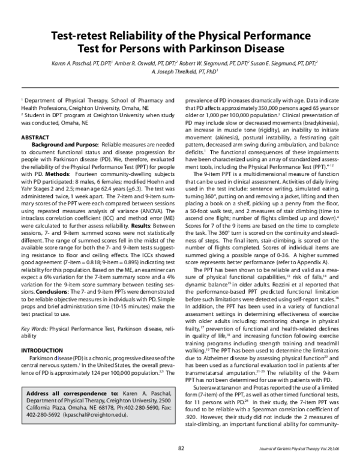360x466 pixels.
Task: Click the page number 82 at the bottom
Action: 180,447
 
